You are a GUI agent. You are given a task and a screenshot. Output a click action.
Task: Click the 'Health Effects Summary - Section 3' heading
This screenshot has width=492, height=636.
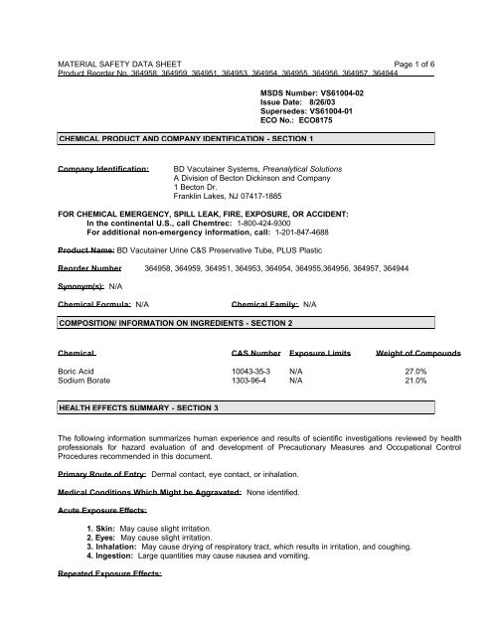point(139,407)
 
